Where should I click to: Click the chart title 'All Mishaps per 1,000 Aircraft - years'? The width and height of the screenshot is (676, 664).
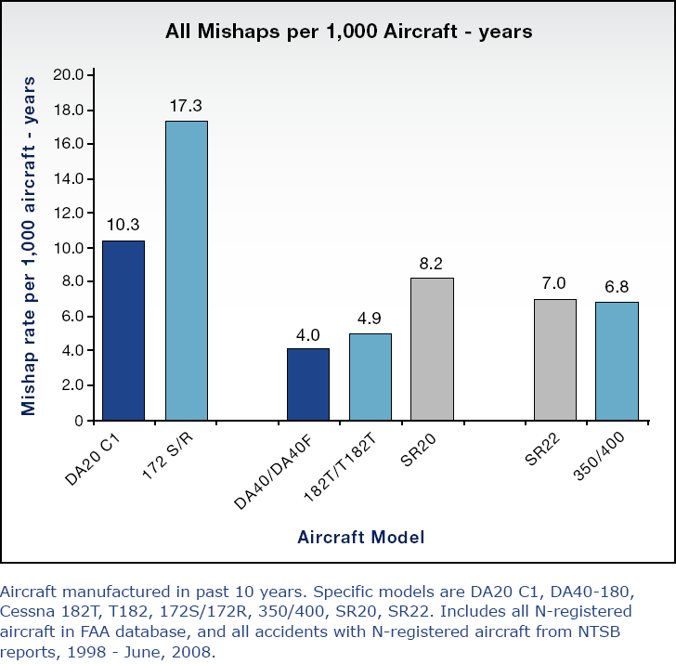(x=348, y=32)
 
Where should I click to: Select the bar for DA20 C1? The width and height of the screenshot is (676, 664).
(x=123, y=330)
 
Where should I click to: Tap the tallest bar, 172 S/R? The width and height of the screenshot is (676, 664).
(x=186, y=270)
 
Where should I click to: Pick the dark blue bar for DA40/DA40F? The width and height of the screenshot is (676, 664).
(x=308, y=384)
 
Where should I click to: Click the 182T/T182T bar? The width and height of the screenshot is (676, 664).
(x=370, y=376)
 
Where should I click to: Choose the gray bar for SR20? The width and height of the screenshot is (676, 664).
(x=433, y=348)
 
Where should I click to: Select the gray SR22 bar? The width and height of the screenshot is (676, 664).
(x=554, y=359)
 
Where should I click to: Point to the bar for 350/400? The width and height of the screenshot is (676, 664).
(x=617, y=360)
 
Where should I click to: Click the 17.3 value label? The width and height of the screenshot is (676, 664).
(x=186, y=105)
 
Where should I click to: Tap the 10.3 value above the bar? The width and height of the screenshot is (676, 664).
(x=123, y=225)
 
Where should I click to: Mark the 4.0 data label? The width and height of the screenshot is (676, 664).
(x=308, y=333)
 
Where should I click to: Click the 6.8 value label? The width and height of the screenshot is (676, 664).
(x=617, y=286)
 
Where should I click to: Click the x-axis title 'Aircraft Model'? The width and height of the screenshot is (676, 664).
(x=361, y=537)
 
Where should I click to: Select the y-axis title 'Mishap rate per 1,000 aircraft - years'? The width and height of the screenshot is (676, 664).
(x=30, y=246)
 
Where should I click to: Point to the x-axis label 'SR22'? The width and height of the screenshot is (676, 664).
(x=542, y=452)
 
